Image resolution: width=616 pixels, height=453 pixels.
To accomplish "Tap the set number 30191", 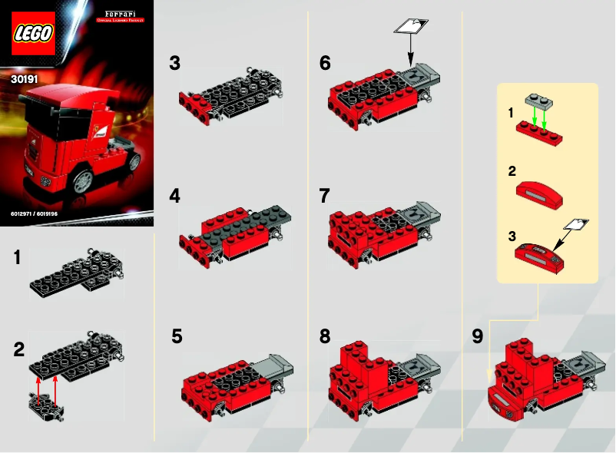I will coord(25,78).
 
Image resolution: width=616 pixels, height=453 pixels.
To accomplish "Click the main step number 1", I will coord(17,259).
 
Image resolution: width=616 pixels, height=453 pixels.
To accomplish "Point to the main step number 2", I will coord(18,350).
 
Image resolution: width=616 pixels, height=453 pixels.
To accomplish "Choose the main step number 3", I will coord(175,64).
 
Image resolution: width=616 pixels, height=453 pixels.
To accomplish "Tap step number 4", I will coord(175,196).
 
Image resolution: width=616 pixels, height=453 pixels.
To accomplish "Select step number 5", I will coord(177,336).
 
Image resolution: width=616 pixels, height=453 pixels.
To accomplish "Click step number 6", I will coord(325,64).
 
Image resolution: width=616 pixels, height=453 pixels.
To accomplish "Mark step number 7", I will coord(324,196).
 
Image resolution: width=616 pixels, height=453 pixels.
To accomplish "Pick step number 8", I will coord(325,336).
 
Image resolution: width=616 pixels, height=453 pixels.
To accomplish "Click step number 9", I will coord(477,336).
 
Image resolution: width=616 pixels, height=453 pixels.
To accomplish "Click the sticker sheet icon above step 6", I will coord(409,26).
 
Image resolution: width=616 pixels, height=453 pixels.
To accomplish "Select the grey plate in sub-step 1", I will coord(540,102).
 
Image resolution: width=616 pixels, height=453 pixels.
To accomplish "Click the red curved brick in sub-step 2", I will coord(539,191).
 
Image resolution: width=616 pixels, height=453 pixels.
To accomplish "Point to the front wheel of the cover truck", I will coord(83,180).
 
